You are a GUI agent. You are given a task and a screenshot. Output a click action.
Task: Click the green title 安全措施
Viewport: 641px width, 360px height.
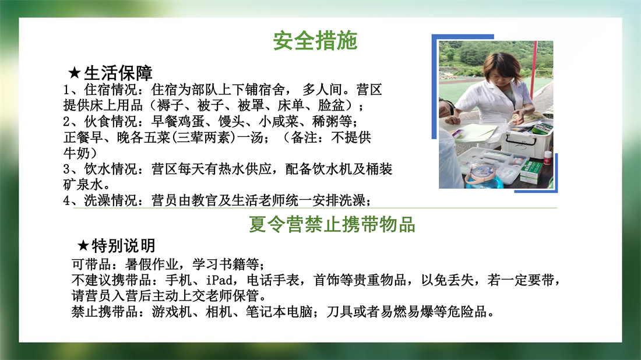pyautogui.click(x=315, y=41)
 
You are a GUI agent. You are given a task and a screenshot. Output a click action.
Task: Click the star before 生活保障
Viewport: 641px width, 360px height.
pyautogui.click(x=75, y=73)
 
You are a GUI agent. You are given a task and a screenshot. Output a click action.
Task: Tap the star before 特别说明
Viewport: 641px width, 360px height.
pyautogui.click(x=83, y=246)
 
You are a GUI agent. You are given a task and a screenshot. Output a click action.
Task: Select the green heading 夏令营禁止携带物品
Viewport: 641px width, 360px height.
pyautogui.click(x=332, y=225)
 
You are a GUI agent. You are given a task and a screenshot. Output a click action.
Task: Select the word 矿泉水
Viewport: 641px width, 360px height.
pyautogui.click(x=83, y=184)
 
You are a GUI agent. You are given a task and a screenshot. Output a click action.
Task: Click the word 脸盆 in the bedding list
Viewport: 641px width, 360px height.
pyautogui.click(x=331, y=105)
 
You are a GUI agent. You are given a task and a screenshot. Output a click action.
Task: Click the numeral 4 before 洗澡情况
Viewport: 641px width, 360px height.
pyautogui.click(x=67, y=200)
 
